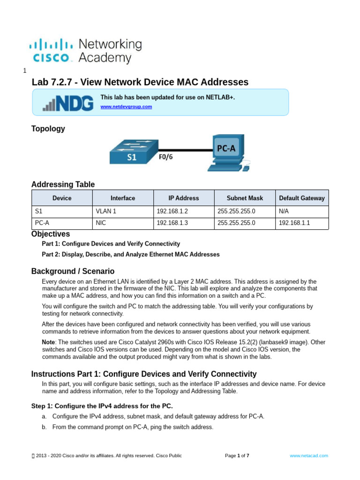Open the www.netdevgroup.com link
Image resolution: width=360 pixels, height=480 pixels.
click(126, 107)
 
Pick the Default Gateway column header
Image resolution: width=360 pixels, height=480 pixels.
click(301, 198)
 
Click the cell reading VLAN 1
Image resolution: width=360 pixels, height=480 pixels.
click(106, 211)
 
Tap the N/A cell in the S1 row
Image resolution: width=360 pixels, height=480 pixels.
click(284, 211)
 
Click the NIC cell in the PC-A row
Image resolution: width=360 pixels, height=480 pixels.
click(101, 223)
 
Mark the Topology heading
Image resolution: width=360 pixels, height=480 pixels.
click(48, 129)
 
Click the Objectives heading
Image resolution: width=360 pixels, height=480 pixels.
click(51, 234)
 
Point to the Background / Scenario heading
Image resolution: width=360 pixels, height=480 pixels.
click(73, 271)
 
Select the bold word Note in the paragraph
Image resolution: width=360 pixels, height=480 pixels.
click(49, 342)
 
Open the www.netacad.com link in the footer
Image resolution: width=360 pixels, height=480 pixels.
click(309, 456)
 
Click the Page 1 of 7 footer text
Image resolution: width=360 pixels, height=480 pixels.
click(237, 456)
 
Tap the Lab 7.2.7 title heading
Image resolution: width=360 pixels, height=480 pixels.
click(140, 82)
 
